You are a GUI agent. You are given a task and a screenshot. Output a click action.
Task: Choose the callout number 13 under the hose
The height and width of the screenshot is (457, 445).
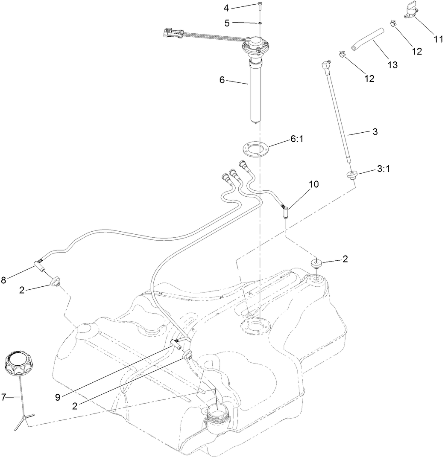click(392, 65)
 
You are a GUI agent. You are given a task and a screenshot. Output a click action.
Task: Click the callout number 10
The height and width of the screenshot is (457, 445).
click(314, 184)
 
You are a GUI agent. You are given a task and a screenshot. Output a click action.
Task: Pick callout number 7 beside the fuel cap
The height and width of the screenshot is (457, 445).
click(4, 397)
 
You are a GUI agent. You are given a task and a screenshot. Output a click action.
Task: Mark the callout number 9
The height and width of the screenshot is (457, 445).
click(57, 397)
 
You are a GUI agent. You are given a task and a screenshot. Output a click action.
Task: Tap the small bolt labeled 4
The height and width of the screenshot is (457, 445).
click(260, 5)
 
